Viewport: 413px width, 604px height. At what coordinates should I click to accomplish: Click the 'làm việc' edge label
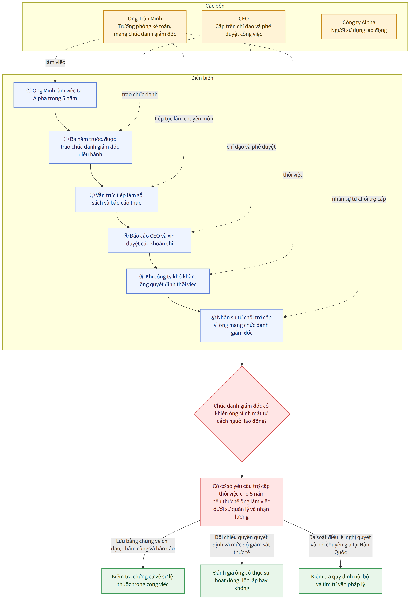pos(55,62)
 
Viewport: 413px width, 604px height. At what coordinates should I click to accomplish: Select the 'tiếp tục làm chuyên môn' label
pos(184,119)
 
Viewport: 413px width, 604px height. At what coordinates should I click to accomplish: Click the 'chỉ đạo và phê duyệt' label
pos(251,147)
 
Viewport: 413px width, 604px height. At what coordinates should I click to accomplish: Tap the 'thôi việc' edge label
pos(293,175)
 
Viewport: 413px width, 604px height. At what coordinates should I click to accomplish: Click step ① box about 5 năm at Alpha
pos(55,95)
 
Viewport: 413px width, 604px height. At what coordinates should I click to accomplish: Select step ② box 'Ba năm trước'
pos(90,147)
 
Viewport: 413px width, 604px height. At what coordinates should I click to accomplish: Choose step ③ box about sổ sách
pos(117,199)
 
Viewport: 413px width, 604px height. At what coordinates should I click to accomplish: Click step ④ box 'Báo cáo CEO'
pos(149,240)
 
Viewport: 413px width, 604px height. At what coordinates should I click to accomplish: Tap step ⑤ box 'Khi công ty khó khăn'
pos(168,281)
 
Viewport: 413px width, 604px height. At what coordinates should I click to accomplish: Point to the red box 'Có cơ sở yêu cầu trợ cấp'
pos(242,502)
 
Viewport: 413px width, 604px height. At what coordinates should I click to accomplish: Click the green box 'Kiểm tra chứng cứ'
pos(143,581)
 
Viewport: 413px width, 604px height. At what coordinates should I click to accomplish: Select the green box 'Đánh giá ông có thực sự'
pos(242,581)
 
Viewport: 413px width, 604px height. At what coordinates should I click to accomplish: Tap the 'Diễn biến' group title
pos(202,78)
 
